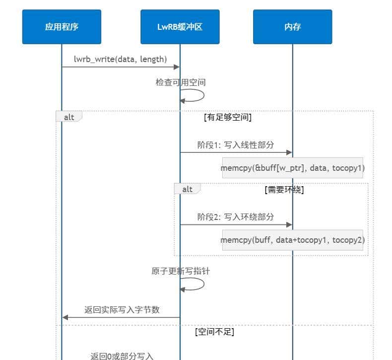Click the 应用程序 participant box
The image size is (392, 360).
pyautogui.click(x=62, y=27)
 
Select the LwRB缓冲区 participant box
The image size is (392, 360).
pyautogui.click(x=180, y=27)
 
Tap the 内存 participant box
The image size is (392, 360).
pyautogui.click(x=292, y=27)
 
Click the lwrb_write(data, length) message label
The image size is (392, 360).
pyautogui.click(x=120, y=59)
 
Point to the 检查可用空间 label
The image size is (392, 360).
pyautogui.click(x=180, y=82)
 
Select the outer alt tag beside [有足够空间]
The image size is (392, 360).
pyautogui.click(x=69, y=117)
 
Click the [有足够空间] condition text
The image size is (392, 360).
pyautogui.click(x=228, y=118)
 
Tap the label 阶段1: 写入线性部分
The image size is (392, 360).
pyautogui.click(x=236, y=145)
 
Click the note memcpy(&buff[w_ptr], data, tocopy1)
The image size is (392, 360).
pyautogui.click(x=292, y=168)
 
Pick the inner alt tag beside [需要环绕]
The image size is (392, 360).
pyautogui.click(x=187, y=189)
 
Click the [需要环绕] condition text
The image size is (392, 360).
pyautogui.click(x=284, y=189)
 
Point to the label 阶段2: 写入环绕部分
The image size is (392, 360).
pyautogui.click(x=236, y=216)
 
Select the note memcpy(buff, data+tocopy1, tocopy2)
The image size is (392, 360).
pyautogui.click(x=292, y=240)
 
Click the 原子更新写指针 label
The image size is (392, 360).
pyautogui.click(x=177, y=271)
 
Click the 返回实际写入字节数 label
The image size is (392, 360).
pyautogui.click(x=122, y=310)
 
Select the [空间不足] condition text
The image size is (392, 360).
pyautogui.click(x=214, y=332)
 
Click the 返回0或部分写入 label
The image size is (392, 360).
pyautogui.click(x=122, y=356)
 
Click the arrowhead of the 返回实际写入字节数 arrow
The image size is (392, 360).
pyautogui.click(x=65, y=317)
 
